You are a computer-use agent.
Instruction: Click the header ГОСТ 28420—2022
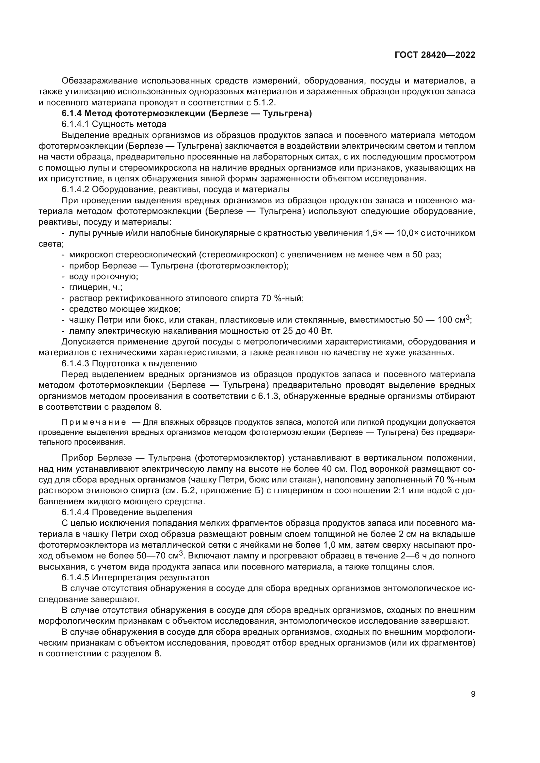coord(435,55)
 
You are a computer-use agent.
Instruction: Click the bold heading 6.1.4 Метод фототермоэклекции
coord(186,114)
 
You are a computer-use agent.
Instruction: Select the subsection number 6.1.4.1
coord(75,124)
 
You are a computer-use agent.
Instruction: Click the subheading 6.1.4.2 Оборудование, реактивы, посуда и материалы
coord(175,190)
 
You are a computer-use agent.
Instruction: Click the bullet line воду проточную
coord(103,277)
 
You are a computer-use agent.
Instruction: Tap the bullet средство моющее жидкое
coord(125,309)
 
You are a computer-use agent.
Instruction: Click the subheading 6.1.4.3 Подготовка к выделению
coord(129,363)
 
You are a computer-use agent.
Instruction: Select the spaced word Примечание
coord(94,422)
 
